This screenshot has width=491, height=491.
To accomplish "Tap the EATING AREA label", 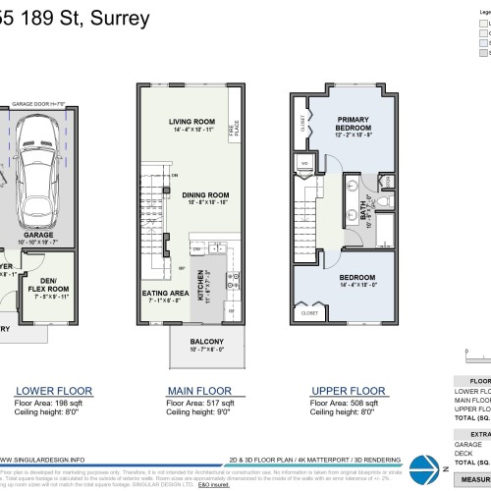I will coord(164,293).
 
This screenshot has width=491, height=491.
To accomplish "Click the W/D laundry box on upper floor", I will coord(305,165).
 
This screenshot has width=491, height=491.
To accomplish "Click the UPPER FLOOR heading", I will coord(346,389).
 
